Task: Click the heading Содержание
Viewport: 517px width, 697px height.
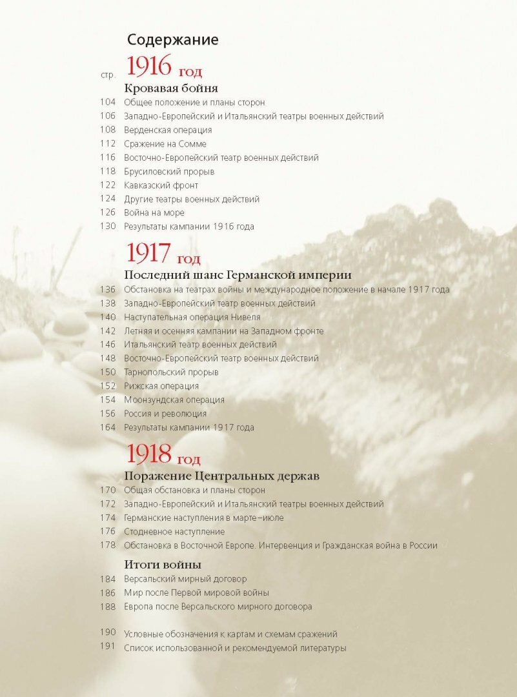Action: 172,39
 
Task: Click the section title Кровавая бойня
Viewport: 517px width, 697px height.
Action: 170,88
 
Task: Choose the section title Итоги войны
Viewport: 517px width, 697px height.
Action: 163,565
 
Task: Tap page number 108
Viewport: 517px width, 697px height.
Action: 108,130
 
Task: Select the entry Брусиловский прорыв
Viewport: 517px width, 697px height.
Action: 169,172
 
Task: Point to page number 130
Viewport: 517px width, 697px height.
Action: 108,227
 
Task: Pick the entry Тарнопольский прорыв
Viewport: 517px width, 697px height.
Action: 171,372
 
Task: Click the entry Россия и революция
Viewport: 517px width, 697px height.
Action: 165,414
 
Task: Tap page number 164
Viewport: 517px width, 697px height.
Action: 108,427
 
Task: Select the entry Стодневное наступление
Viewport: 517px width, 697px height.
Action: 174,532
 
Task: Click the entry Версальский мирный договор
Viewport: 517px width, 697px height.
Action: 185,580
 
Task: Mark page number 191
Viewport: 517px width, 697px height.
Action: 108,648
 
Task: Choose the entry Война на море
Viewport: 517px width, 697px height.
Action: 154,212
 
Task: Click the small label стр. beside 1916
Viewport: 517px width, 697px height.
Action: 108,76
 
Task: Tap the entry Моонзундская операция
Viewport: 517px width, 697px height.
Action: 174,400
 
